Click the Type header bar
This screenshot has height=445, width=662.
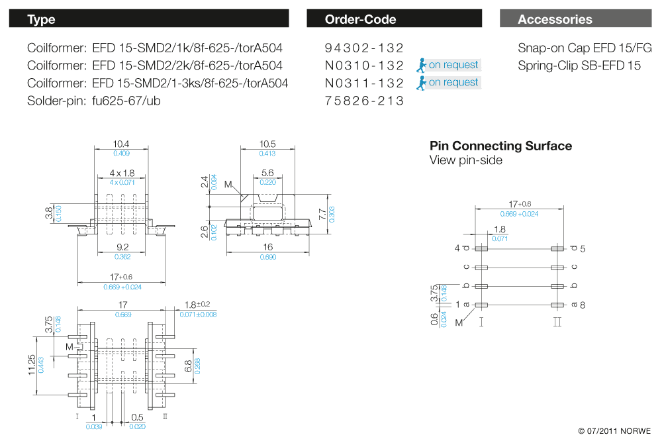pos(148,19)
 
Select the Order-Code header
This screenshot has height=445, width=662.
pos(394,19)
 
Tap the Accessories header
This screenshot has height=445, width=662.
pos(575,19)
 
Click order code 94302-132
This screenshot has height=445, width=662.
pos(364,48)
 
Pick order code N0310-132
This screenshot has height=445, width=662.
pos(364,66)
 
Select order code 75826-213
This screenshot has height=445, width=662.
pos(364,101)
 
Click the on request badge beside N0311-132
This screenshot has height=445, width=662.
pos(448,83)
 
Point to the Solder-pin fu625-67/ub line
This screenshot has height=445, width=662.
pos(94,101)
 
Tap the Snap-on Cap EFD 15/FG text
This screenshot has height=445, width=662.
pos(585,48)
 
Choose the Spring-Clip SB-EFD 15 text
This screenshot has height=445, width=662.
pos(579,66)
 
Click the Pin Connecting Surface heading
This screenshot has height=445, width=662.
pos(500,146)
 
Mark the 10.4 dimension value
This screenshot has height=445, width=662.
pos(121,144)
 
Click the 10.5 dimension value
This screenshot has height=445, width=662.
pos(267,144)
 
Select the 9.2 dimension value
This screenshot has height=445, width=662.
pos(121,248)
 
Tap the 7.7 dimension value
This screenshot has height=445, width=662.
pos(322,214)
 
